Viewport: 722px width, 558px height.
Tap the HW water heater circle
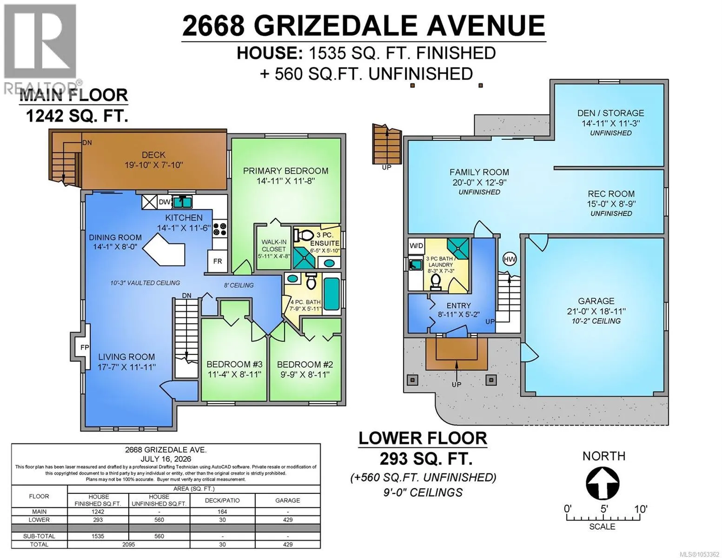(x=510, y=259)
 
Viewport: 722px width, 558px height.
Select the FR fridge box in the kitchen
(x=218, y=261)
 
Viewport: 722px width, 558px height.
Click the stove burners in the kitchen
(x=220, y=229)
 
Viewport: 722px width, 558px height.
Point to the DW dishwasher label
(x=165, y=202)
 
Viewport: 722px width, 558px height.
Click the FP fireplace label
(x=85, y=347)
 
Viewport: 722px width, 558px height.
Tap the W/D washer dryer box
(x=416, y=246)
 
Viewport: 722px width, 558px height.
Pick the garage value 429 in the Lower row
(x=288, y=520)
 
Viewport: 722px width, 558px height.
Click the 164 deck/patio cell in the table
(x=222, y=511)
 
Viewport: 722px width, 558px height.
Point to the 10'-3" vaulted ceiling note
(x=145, y=283)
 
